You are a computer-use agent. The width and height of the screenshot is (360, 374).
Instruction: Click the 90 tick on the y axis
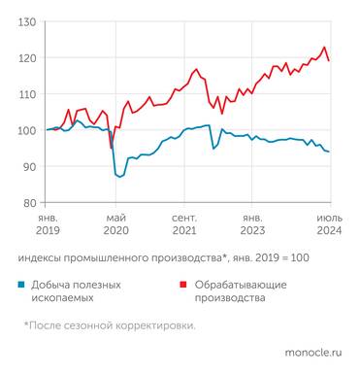click(x=29, y=167)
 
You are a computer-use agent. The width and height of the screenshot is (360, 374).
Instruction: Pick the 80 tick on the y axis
click(x=29, y=203)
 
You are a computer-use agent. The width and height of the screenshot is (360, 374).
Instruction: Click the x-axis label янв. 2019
click(x=48, y=224)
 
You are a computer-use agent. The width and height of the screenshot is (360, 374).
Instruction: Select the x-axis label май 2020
click(x=116, y=224)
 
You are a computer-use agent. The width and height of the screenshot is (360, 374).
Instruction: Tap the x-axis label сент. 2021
click(x=184, y=224)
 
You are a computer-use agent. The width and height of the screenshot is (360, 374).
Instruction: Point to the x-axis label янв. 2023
click(x=253, y=224)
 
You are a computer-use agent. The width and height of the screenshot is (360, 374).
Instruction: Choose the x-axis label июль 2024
click(x=327, y=224)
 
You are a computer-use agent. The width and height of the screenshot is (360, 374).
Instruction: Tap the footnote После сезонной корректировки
click(x=110, y=325)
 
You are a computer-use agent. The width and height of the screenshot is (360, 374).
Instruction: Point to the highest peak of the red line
click(x=324, y=48)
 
